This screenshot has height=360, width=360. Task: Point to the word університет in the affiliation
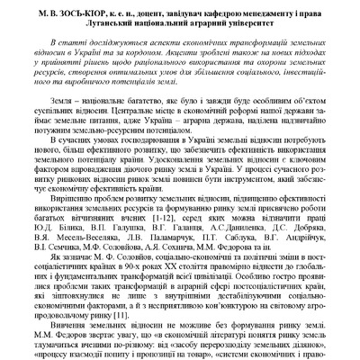click(x=253, y=22)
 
